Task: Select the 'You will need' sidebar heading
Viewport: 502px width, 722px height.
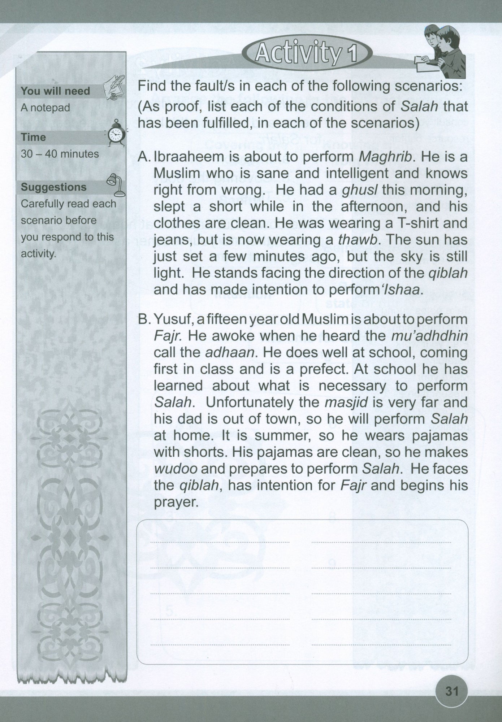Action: coord(55,91)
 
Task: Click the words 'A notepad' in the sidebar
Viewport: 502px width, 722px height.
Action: coord(45,108)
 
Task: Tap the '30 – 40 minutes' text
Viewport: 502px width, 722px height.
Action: coord(60,154)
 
